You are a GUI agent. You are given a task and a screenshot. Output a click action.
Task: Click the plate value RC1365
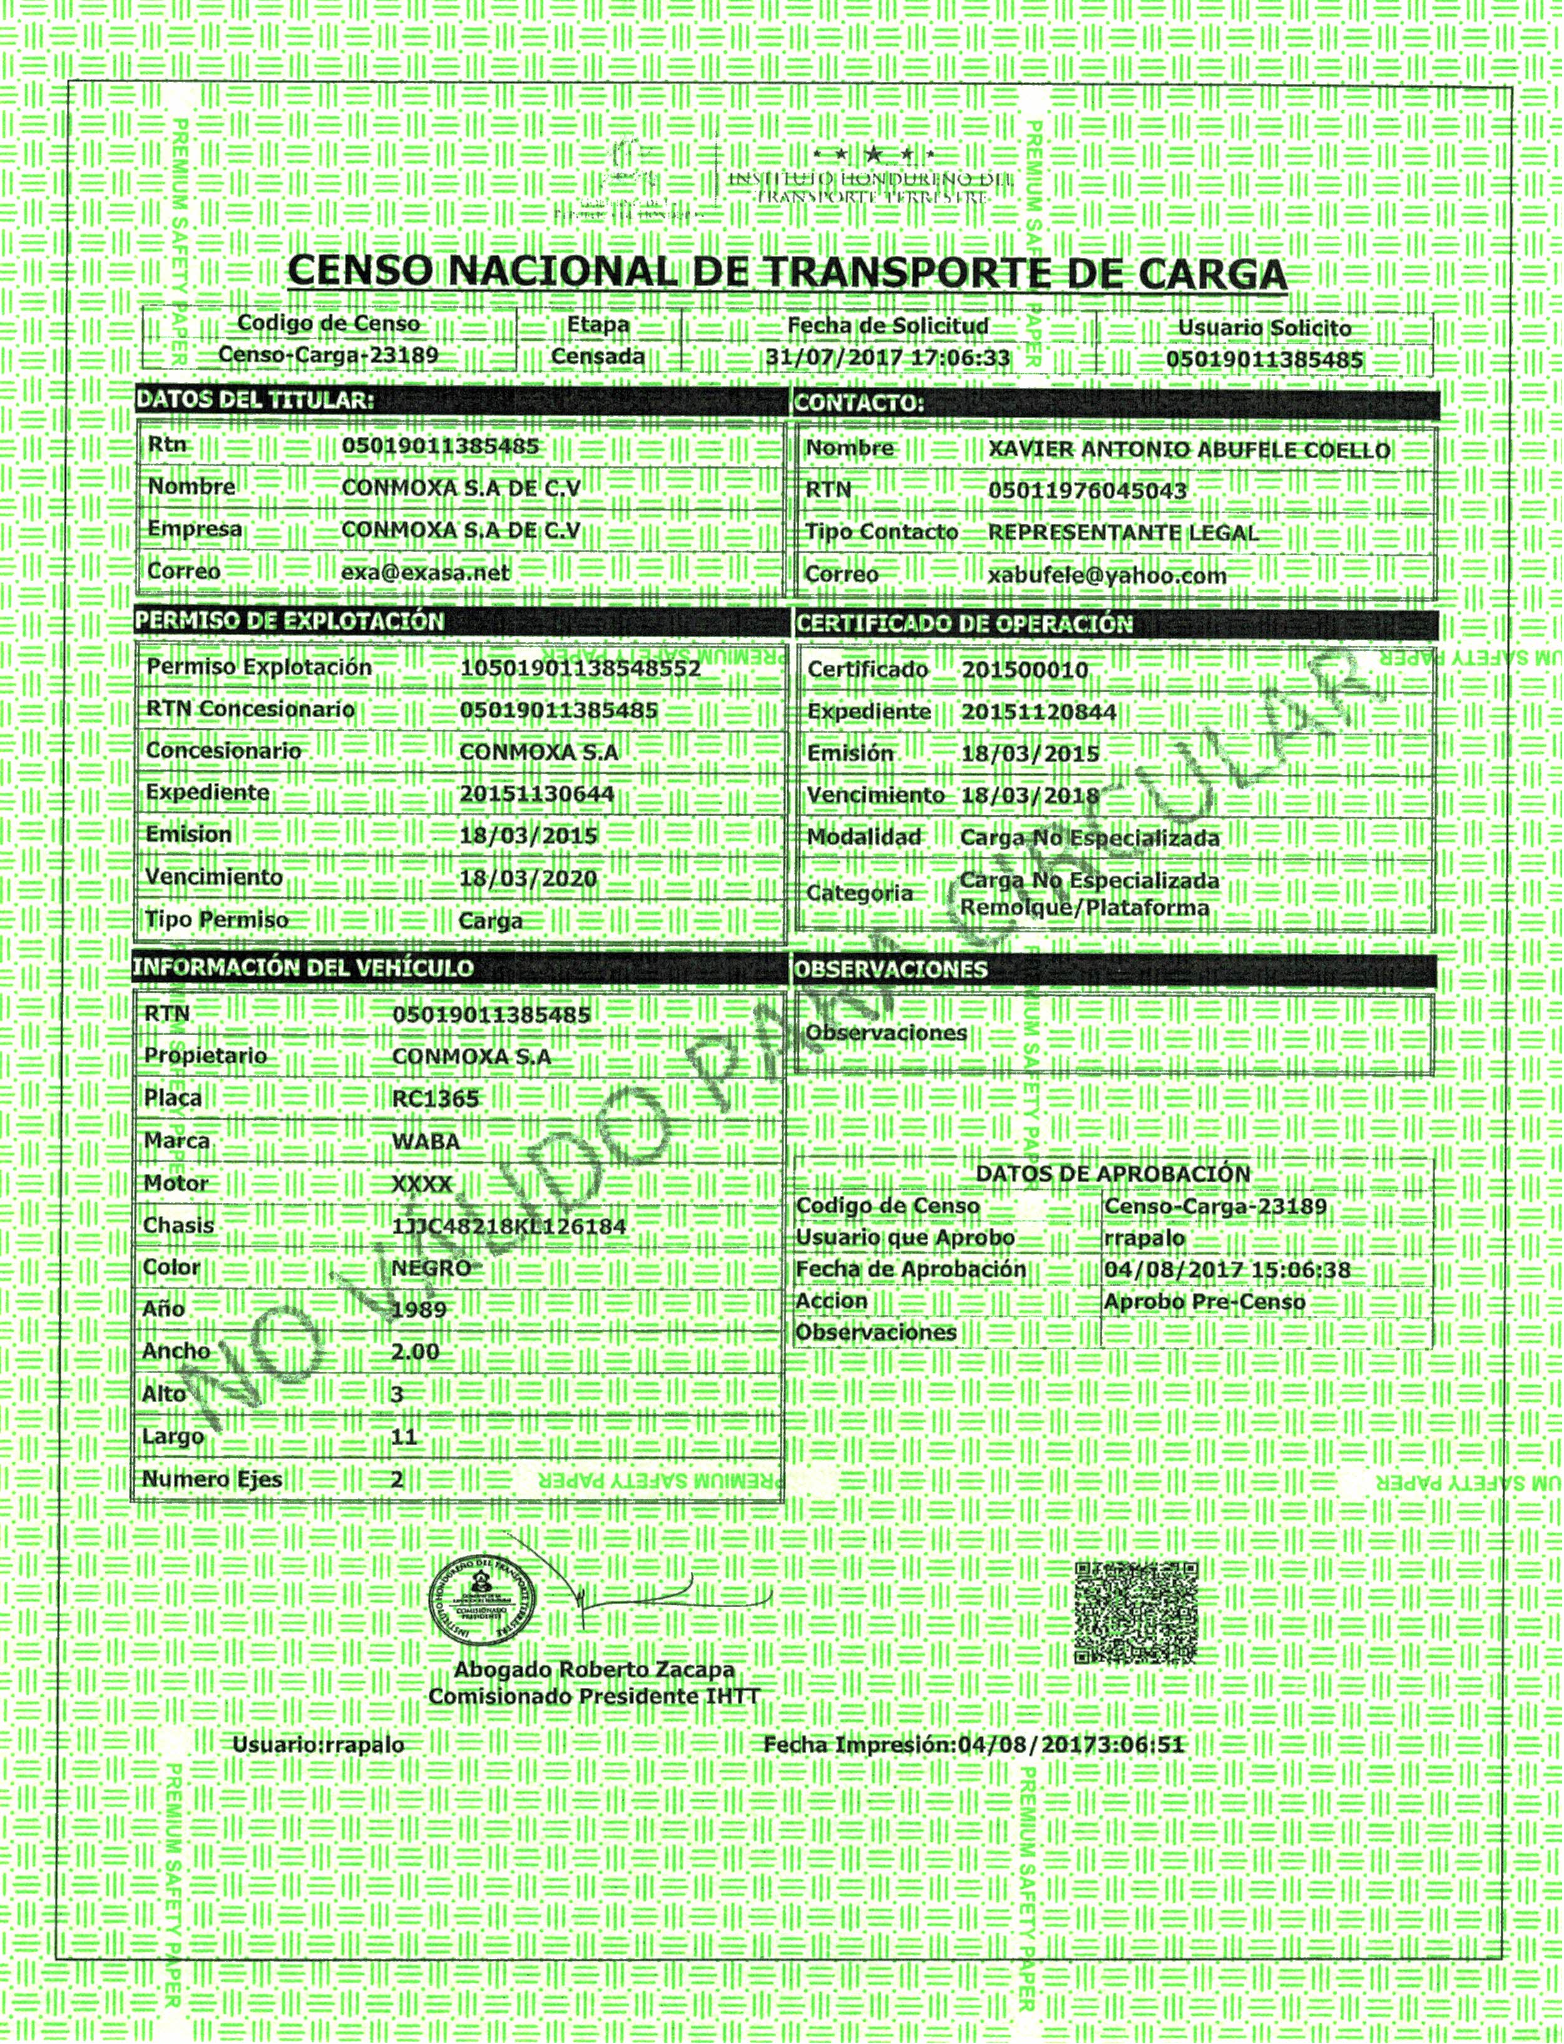(x=435, y=1098)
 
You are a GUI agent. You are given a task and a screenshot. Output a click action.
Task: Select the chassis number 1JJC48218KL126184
(x=508, y=1226)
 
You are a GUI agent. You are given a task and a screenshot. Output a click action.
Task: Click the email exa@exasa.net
(x=426, y=573)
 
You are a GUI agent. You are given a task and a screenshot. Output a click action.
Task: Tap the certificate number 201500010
(x=1024, y=670)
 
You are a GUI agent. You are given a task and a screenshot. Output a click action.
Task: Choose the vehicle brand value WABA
(x=426, y=1141)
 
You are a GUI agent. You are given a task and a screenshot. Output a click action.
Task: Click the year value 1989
(x=419, y=1310)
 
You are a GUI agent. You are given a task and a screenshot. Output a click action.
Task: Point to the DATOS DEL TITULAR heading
(x=254, y=401)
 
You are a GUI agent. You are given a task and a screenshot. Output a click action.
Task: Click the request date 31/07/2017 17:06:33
(x=887, y=357)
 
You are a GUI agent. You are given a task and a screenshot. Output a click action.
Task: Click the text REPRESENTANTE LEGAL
(x=1123, y=533)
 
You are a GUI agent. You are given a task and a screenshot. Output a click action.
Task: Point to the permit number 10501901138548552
(x=580, y=668)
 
